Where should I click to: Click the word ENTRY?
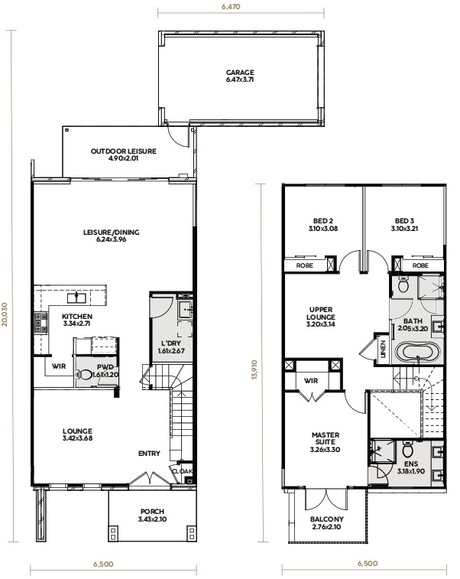149,454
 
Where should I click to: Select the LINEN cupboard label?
382,349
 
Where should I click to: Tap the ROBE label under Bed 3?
420,265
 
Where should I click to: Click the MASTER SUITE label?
326,439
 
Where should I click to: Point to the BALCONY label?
326,521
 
